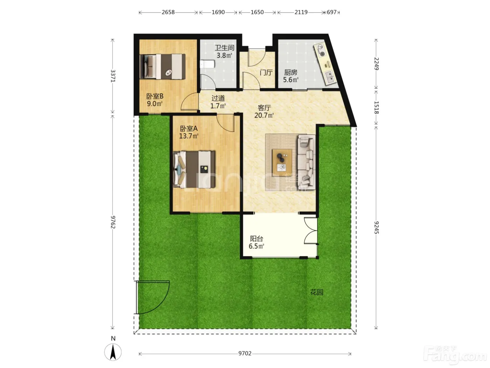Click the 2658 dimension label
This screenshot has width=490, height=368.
168,12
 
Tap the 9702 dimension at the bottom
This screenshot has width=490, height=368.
245,353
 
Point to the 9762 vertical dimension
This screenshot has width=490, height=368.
113,222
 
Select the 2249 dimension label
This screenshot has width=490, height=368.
376,64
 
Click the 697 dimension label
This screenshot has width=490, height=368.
331,12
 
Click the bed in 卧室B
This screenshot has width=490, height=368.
162,66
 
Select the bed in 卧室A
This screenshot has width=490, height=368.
194,169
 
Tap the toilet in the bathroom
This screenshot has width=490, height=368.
208,64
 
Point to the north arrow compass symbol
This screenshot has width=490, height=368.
113,352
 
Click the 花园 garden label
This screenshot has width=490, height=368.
316,292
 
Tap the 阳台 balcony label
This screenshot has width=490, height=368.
257,238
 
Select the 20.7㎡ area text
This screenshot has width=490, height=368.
264,116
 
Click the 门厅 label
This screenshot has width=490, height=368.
266,73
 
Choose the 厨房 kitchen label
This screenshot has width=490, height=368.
290,73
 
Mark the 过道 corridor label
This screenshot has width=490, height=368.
218,98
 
